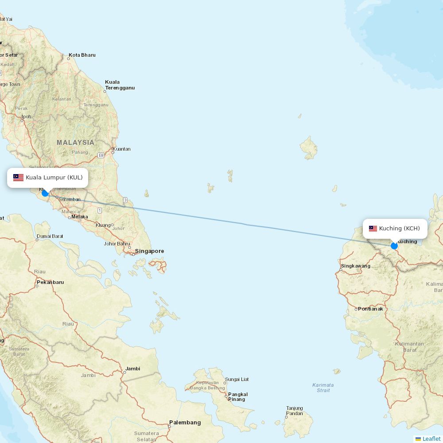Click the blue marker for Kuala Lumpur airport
(45, 193)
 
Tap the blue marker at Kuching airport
(394, 246)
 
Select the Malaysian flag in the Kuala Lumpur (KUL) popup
(18, 178)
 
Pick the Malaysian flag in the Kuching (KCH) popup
(373, 229)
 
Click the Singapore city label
(149, 251)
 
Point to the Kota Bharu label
(82, 55)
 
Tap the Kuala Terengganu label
(120, 85)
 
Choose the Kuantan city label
(121, 149)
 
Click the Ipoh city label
(27, 117)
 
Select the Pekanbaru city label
(51, 282)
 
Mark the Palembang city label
(185, 423)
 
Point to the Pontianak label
(370, 309)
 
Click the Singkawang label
(355, 266)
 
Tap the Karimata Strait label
(323, 388)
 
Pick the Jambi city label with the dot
(132, 369)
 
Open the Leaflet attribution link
(431, 439)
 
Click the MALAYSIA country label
(75, 142)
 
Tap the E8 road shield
(101, 155)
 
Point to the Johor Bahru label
(117, 244)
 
